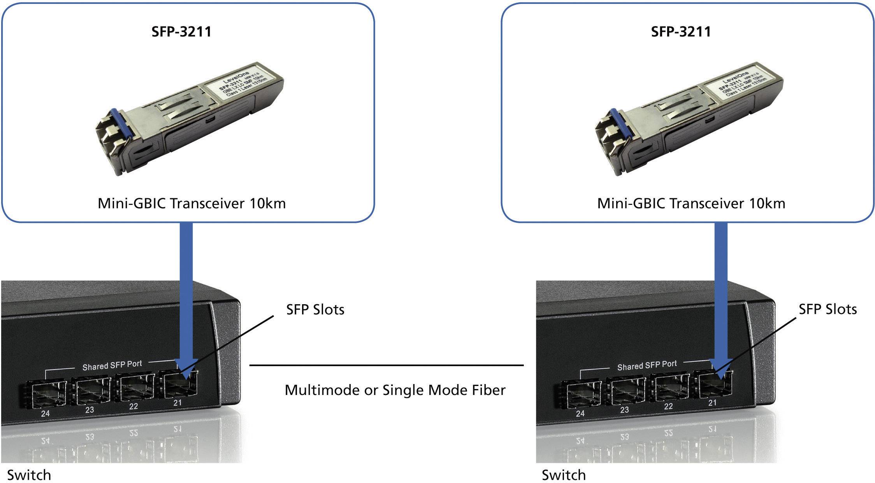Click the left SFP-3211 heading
tap(181, 32)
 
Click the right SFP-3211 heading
tap(681, 32)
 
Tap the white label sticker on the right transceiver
tap(740, 87)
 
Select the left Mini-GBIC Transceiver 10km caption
tap(192, 203)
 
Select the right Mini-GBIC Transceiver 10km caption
tap(691, 203)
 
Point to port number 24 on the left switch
tap(46, 413)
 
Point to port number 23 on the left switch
tap(90, 410)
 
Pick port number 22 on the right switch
tap(668, 406)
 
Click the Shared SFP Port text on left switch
tap(112, 365)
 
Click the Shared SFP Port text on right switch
tap(647, 365)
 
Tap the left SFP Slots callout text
tap(315, 310)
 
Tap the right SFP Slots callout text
tap(828, 309)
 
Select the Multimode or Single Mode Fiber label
tap(395, 390)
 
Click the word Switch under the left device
tap(29, 475)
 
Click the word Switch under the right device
tap(564, 475)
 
